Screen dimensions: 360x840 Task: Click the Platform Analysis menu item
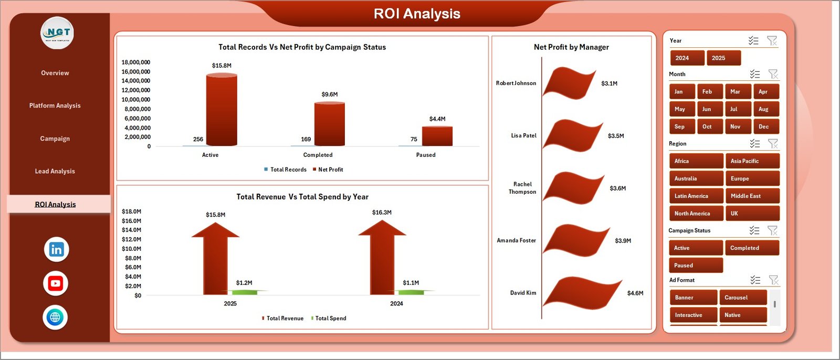point(55,105)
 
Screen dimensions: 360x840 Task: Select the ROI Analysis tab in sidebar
point(56,204)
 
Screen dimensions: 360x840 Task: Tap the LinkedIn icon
point(56,249)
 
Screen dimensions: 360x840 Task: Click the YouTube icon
point(55,283)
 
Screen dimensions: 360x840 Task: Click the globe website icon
point(55,317)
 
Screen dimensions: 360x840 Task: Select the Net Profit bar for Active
point(222,110)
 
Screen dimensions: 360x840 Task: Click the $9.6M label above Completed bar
point(330,94)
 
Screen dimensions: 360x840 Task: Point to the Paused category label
point(426,155)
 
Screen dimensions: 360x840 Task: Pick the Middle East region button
point(752,196)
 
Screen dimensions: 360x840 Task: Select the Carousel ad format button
point(742,298)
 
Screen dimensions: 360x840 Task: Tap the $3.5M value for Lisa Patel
point(616,136)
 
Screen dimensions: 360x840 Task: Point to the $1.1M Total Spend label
point(411,283)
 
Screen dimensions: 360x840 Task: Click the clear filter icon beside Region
point(773,143)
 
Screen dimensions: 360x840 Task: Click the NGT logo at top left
point(57,33)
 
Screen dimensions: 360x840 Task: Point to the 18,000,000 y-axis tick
point(136,62)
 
